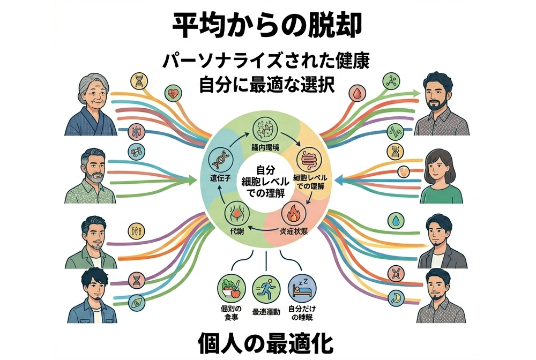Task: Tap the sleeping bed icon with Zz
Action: (x=300, y=288)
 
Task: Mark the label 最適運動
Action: (x=265, y=312)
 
